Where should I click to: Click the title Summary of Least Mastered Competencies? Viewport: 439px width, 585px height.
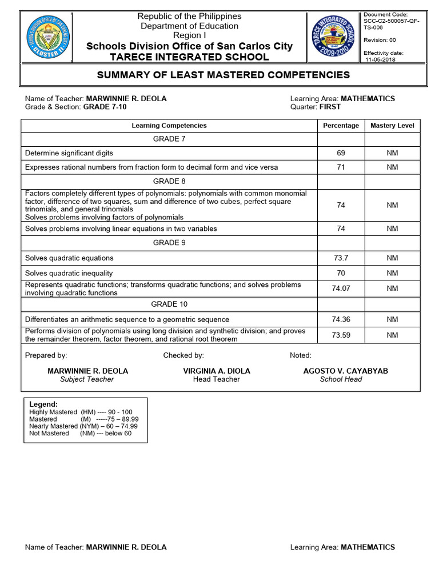(x=224, y=75)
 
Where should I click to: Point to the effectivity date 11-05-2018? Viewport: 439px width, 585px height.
(x=381, y=59)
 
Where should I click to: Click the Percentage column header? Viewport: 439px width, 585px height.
(x=341, y=126)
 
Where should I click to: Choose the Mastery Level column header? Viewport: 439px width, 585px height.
(x=392, y=126)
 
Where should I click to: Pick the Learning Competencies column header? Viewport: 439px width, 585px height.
(x=169, y=126)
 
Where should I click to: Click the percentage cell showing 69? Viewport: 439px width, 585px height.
(x=341, y=153)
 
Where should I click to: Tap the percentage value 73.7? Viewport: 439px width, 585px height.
(x=341, y=258)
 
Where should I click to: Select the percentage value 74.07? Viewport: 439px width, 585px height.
(x=341, y=289)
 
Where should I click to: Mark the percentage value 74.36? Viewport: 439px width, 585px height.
(x=341, y=319)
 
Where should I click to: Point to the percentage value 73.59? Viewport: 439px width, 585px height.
(x=341, y=335)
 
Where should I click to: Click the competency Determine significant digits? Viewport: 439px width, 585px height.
(x=69, y=153)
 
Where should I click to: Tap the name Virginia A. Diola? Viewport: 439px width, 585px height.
(x=217, y=371)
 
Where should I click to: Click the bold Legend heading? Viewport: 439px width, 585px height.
(x=43, y=404)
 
